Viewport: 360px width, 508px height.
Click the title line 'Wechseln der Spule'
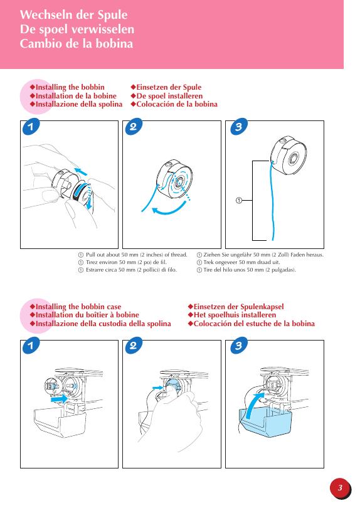tap(73, 15)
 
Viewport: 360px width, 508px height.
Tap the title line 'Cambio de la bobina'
tap(77, 44)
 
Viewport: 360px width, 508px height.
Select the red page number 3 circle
tap(340, 488)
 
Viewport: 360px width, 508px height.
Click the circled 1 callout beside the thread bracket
tap(239, 201)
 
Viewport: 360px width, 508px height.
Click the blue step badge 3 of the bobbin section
tap(239, 127)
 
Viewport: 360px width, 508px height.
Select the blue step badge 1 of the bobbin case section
tap(31, 346)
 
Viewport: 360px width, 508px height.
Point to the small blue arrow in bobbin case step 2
tap(158, 388)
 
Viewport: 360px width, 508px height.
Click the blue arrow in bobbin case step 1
tap(60, 399)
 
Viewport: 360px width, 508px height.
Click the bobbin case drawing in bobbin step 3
tap(289, 155)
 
